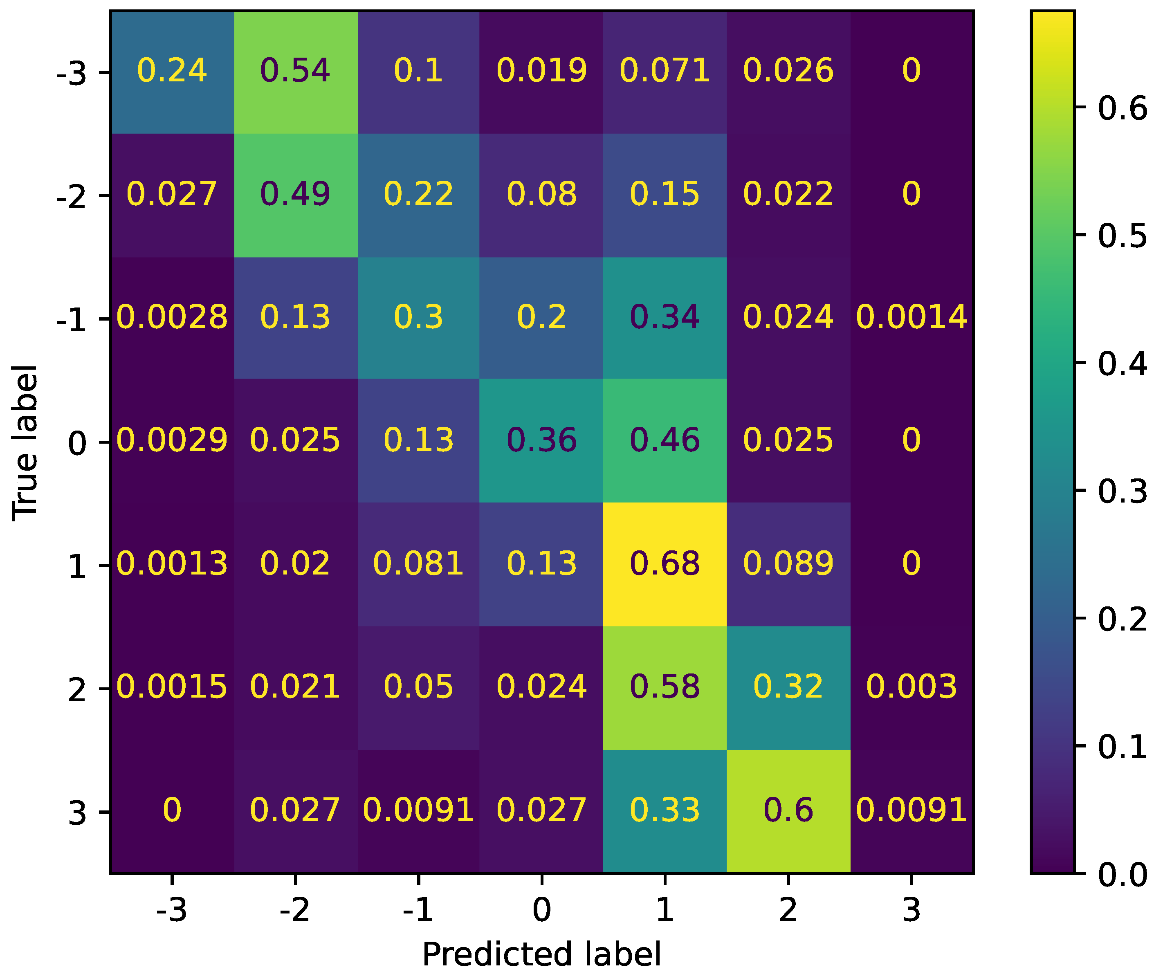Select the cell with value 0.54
(x=295, y=71)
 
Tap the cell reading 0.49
(x=295, y=194)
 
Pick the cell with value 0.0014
(x=911, y=317)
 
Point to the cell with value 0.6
(x=788, y=810)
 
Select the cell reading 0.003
(x=911, y=687)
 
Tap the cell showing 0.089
(x=788, y=564)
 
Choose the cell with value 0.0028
(x=172, y=317)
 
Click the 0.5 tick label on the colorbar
(x=1121, y=236)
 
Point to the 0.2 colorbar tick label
(x=1121, y=619)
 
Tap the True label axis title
(x=25, y=442)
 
